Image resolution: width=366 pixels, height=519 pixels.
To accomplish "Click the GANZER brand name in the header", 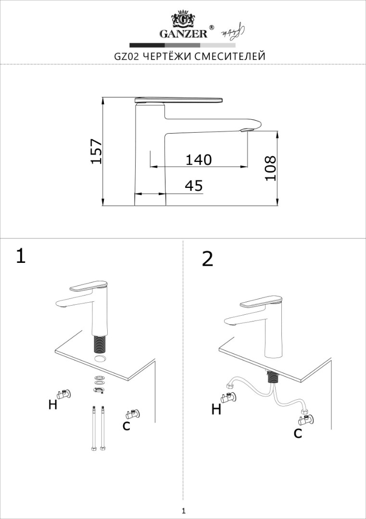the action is (184, 34).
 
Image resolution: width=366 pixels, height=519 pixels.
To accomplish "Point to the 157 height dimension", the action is (96, 151).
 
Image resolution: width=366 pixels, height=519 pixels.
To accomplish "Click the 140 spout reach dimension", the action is (199, 160).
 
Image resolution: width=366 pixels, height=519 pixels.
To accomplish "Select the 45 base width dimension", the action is (194, 185).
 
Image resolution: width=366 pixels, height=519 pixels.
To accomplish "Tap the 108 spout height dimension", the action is (270, 168).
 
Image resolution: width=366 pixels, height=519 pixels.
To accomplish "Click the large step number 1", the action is (21, 256).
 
